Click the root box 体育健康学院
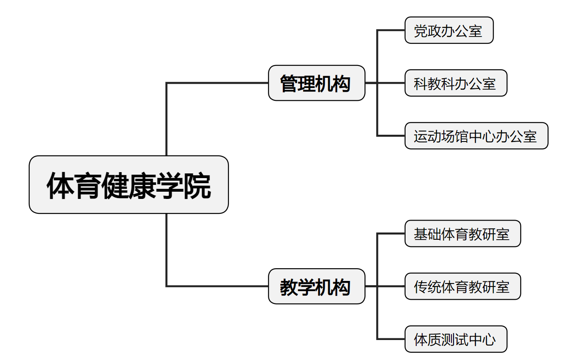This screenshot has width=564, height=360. [x=129, y=184]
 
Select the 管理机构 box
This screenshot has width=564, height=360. [x=316, y=83]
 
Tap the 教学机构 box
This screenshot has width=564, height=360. [x=316, y=286]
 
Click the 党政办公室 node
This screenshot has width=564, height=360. [x=449, y=30]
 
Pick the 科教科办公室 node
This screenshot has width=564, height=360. [x=456, y=83]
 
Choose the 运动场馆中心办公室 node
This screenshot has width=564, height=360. [x=477, y=136]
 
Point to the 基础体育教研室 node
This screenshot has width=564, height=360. [x=462, y=233]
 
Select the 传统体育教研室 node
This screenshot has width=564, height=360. [x=462, y=286]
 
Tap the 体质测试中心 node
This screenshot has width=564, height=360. [x=456, y=339]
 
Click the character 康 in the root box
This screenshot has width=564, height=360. [x=142, y=186]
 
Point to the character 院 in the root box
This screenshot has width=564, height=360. [x=197, y=186]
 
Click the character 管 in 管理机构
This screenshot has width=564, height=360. [x=289, y=84]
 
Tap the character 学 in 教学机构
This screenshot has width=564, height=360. [x=307, y=287]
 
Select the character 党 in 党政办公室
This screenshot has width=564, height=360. [x=421, y=31]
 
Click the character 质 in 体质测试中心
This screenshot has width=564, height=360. [x=434, y=340]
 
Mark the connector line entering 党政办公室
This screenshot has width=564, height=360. [x=391, y=30]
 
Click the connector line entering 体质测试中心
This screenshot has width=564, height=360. [x=391, y=339]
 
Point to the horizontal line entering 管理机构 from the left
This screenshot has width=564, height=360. [x=217, y=83]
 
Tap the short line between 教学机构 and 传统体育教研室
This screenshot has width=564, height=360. [x=385, y=286]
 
